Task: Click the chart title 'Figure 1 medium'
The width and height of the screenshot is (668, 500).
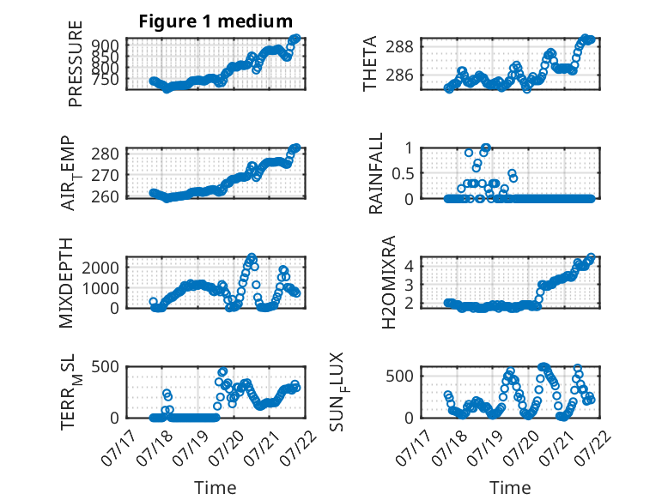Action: point(216,21)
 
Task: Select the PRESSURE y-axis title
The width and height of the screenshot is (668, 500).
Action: point(75,63)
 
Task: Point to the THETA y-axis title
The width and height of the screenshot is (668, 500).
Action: point(370,63)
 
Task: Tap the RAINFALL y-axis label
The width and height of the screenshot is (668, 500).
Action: point(376,173)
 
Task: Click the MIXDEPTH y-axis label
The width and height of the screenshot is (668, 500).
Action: point(66,283)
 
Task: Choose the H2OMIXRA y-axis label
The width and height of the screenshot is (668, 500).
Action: point(389,282)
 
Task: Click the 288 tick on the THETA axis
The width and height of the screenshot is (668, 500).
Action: point(399,46)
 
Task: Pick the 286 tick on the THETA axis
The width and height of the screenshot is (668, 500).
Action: point(399,75)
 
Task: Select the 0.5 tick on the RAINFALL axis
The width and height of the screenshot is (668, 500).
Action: point(402,173)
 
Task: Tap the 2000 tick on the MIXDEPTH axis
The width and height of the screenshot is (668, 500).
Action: point(100,268)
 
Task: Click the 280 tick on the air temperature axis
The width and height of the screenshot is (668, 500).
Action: point(106,154)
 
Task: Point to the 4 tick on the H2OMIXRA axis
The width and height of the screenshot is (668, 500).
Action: point(410,266)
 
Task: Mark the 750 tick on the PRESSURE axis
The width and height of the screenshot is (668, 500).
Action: point(106,79)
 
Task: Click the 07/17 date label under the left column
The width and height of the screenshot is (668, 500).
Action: point(118,448)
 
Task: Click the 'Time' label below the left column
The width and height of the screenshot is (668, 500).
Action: point(216,488)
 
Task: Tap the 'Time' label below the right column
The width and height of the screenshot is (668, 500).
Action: point(510,488)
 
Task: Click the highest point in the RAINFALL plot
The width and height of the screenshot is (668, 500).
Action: point(486,148)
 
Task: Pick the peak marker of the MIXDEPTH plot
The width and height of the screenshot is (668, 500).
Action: point(252,257)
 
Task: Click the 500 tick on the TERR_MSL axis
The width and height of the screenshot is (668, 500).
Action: point(106,366)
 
